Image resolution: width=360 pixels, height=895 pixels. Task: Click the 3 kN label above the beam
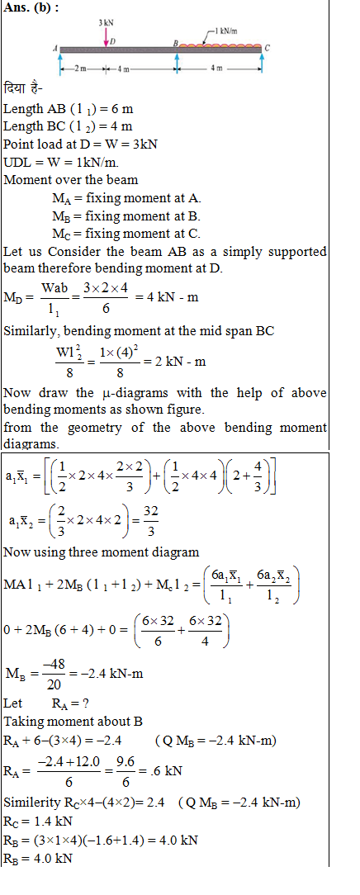[x=106, y=21]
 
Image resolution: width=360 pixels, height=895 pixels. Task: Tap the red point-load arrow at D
[x=106, y=36]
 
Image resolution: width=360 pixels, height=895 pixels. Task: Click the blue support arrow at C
[x=262, y=63]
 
